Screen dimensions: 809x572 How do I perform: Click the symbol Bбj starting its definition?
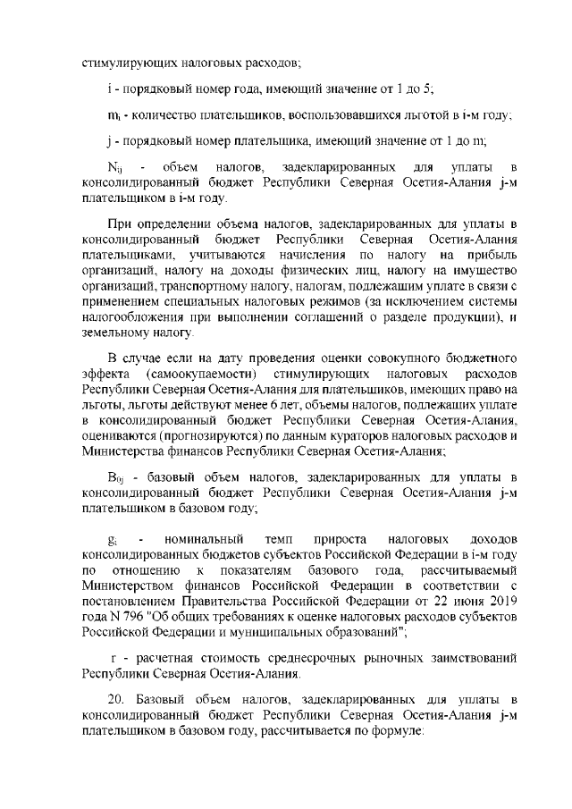tap(114, 478)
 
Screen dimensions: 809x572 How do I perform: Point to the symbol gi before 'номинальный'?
tap(111, 542)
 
